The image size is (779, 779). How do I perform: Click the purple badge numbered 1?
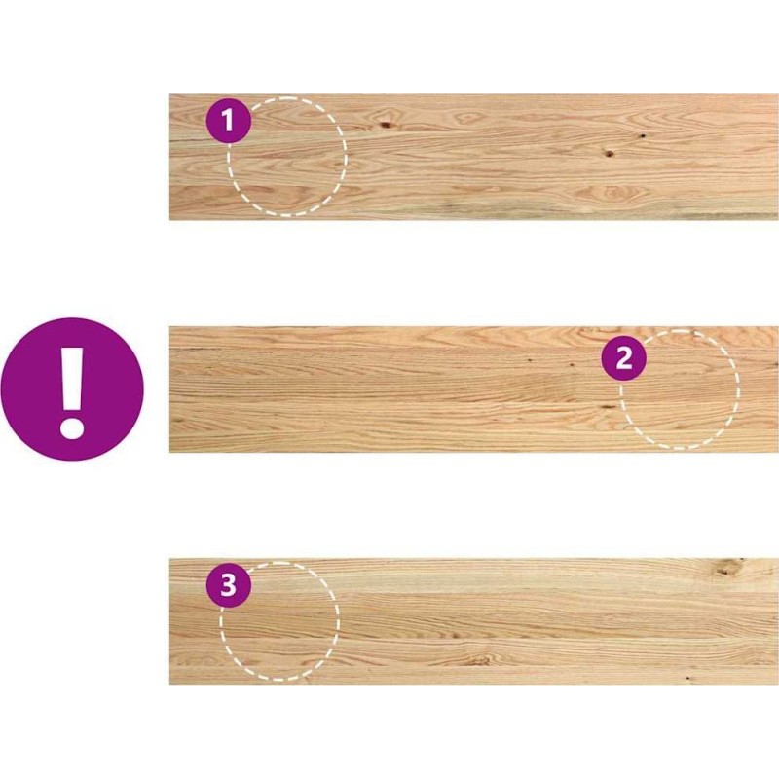click(229, 121)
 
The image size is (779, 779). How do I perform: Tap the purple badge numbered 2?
click(624, 358)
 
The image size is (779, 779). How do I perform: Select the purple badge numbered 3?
click(229, 585)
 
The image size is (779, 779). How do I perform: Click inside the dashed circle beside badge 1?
click(287, 157)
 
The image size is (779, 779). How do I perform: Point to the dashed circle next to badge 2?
click(680, 389)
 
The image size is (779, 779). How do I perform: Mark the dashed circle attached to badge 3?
click(279, 621)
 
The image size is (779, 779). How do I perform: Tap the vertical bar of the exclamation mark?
click(72, 378)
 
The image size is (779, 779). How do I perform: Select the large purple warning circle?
click(72, 389)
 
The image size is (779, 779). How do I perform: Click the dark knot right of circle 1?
click(385, 125)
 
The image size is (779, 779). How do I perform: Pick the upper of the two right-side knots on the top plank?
click(642, 135)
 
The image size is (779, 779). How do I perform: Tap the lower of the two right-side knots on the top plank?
click(610, 153)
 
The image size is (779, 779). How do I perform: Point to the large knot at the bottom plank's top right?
click(726, 568)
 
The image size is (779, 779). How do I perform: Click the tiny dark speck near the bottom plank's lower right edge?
click(688, 678)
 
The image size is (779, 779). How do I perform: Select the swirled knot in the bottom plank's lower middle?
click(480, 659)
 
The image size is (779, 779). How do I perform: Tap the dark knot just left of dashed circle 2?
click(607, 407)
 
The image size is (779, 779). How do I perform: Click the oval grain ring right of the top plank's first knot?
click(467, 118)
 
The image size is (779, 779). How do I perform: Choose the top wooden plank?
click(474, 157)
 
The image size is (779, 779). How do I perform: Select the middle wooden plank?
click(474, 389)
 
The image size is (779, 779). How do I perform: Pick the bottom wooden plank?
click(474, 621)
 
